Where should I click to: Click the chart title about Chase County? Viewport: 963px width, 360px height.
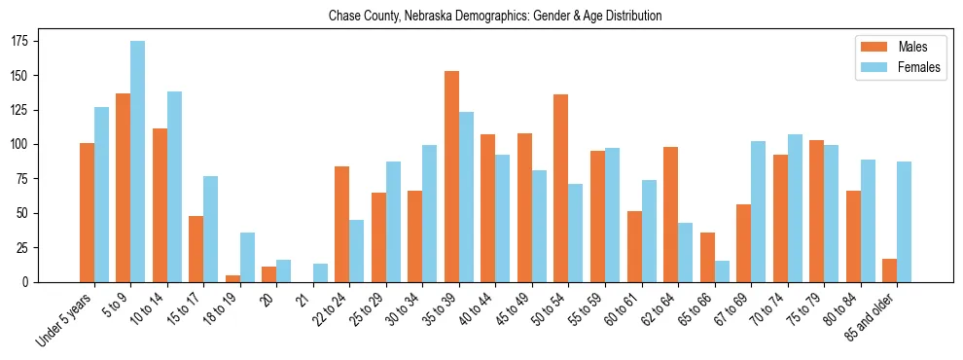pos(495,16)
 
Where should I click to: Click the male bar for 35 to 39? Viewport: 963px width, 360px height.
pos(451,176)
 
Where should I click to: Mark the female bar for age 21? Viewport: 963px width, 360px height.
pos(320,272)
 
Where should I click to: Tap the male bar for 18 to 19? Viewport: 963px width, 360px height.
pos(232,278)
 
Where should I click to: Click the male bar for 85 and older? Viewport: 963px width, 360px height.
pos(889,270)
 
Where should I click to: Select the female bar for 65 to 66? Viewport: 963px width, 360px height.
pos(722,271)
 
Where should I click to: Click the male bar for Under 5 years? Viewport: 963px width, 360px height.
pos(87,212)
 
